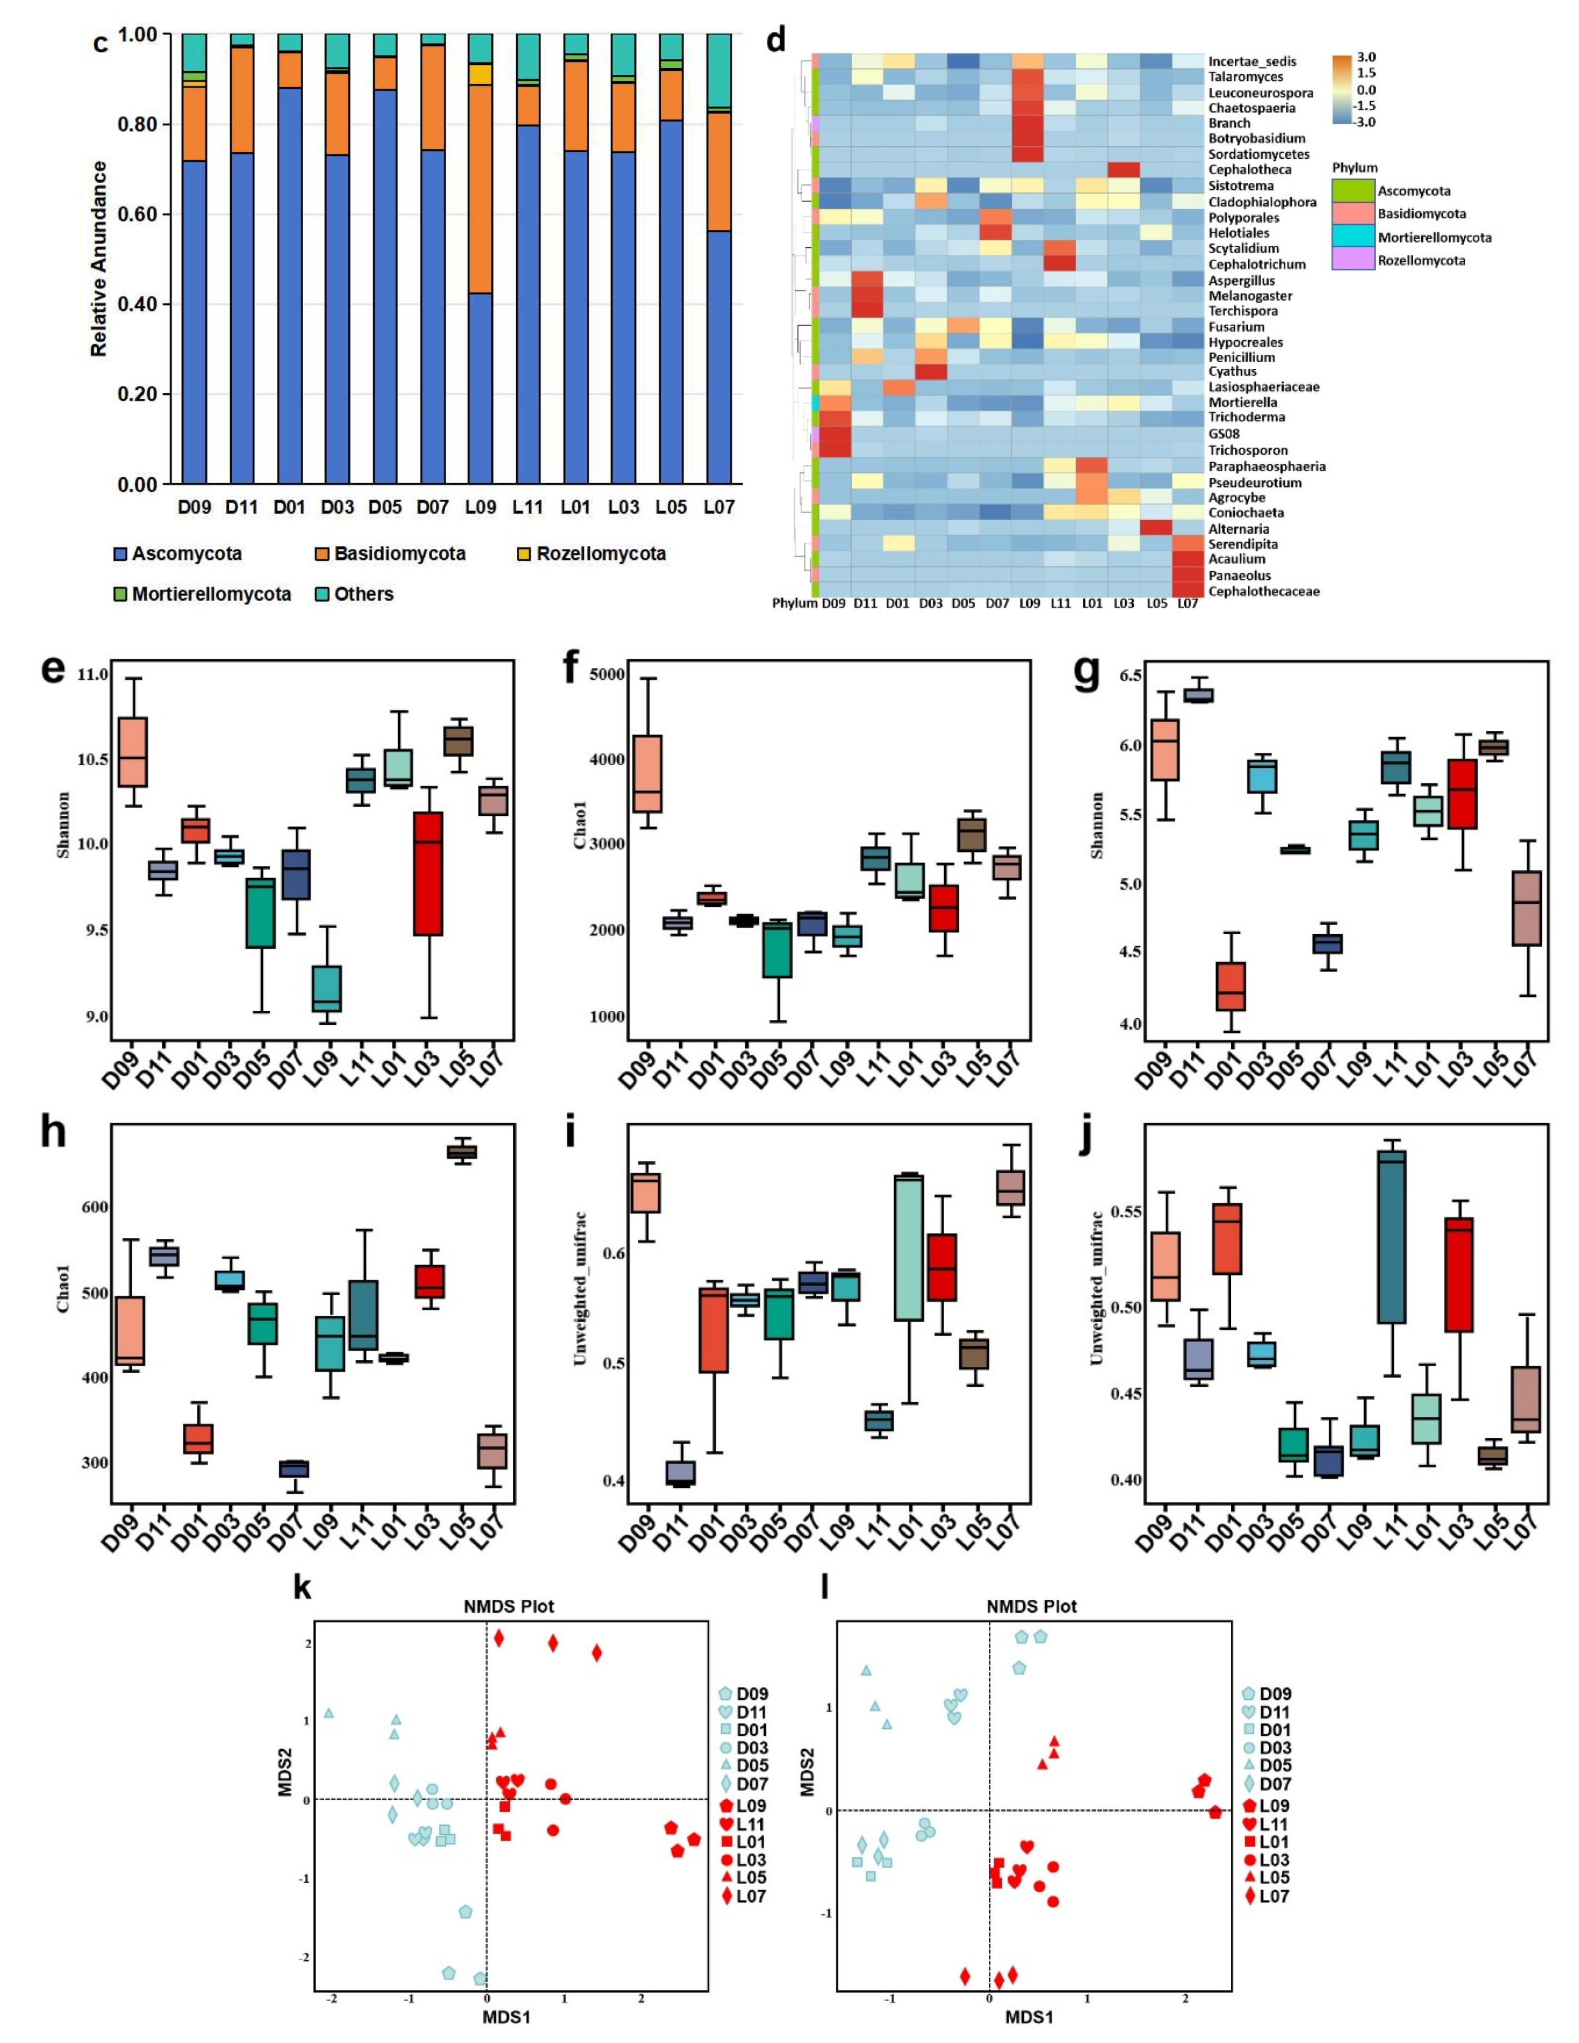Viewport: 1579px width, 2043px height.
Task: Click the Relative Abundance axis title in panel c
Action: [x=99, y=259]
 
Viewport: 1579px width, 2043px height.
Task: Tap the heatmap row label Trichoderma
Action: [x=1246, y=417]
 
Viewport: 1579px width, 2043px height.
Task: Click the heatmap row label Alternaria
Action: [x=1239, y=528]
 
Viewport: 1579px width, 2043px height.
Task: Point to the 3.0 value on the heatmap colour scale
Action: [x=1366, y=58]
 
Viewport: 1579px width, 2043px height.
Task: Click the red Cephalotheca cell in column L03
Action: [x=1124, y=169]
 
